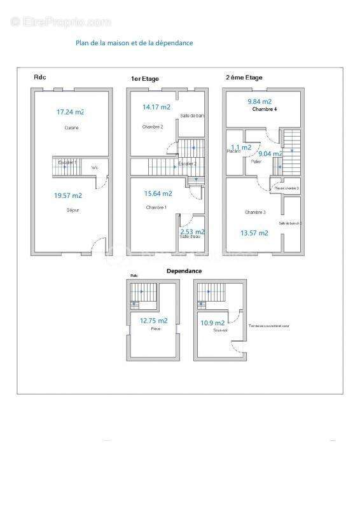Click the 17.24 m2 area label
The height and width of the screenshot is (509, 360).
tap(70, 112)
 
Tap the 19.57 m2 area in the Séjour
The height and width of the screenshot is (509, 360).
tap(68, 196)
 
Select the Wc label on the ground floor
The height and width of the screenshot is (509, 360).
tap(95, 168)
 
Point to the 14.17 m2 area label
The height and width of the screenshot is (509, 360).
tap(156, 108)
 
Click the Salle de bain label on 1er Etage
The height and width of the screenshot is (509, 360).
tap(192, 116)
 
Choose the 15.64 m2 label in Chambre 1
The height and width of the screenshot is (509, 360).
tap(158, 193)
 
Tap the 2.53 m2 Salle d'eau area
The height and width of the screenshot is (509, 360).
tap(192, 232)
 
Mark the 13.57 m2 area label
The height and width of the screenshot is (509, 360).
tap(254, 233)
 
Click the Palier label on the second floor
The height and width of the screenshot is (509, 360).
tap(256, 162)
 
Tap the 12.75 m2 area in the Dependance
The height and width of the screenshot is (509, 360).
tap(154, 321)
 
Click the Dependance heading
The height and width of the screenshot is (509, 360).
tap(184, 270)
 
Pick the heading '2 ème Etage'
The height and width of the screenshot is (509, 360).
tap(244, 78)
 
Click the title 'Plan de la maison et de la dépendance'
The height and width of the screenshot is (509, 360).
tap(134, 43)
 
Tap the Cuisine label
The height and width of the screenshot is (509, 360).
tap(71, 128)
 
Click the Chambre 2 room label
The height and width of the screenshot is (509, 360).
tap(153, 127)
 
